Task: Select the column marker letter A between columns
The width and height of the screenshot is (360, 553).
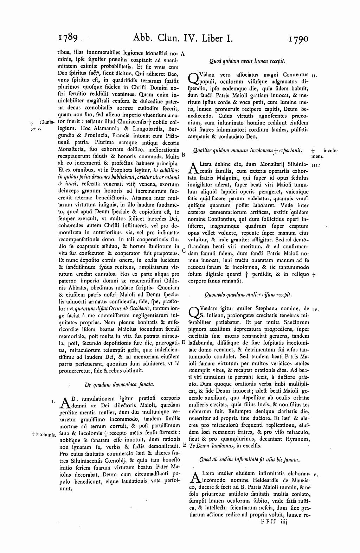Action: click(x=183, y=54)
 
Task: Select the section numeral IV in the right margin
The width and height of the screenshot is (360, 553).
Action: click(x=315, y=310)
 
